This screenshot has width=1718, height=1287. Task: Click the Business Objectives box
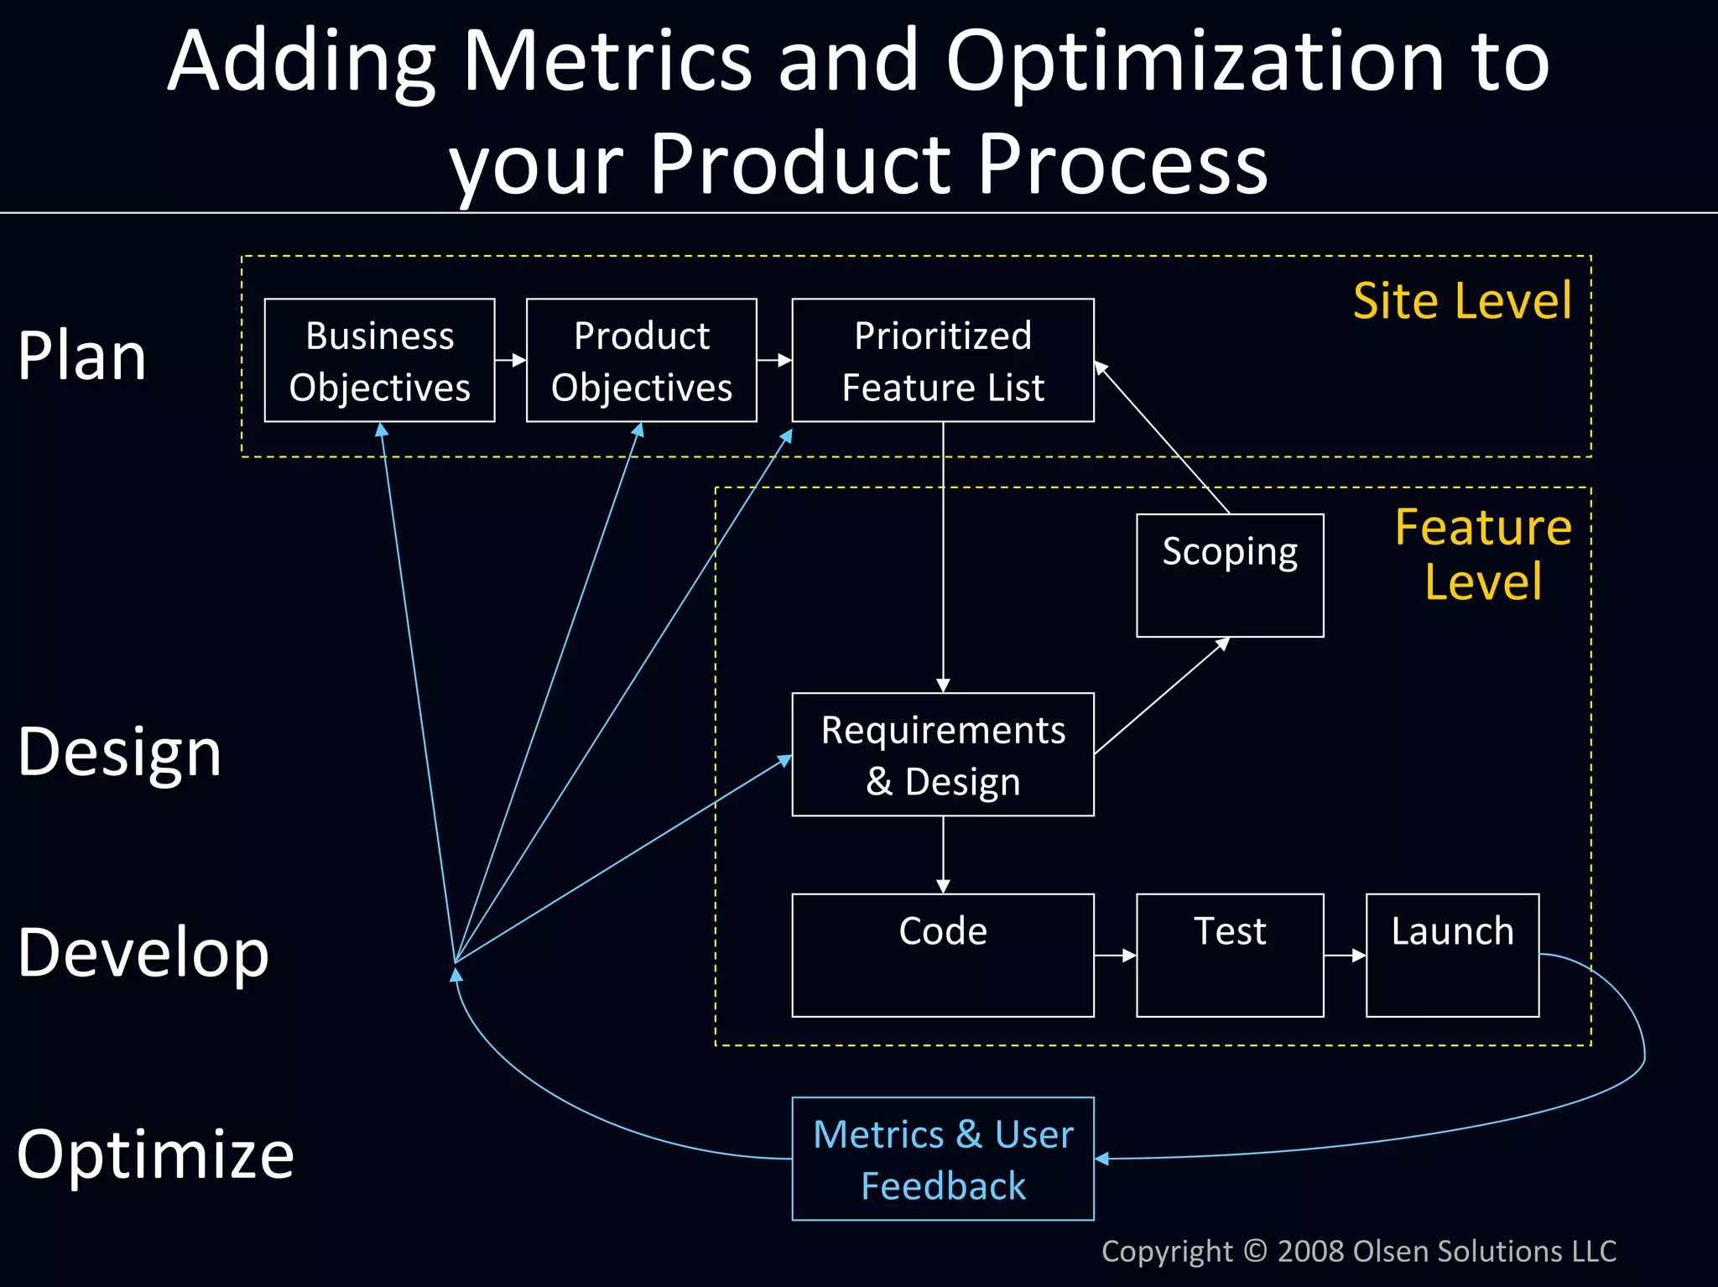379,361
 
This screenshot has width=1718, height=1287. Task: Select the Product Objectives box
641,361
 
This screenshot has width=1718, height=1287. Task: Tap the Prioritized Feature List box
942,361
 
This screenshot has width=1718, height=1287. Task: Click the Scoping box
1229,576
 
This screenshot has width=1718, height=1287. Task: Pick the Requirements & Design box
942,754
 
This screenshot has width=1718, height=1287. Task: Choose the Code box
942,955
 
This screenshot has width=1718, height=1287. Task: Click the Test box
1229,955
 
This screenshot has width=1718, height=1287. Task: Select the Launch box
1452,955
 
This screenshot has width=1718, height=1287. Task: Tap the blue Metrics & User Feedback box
942,1159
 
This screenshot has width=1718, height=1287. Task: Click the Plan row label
82,357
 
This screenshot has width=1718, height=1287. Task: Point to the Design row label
119,752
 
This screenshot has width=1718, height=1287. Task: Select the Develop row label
143,953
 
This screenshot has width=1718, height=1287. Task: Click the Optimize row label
155,1154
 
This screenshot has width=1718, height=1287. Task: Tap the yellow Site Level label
1461,301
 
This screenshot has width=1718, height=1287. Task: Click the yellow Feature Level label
1482,555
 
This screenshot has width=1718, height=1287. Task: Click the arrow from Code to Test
1115,956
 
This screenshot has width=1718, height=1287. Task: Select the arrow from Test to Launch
1345,956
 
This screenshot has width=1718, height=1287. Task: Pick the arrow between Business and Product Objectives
510,361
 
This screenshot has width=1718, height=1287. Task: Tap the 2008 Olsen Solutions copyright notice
1358,1251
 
